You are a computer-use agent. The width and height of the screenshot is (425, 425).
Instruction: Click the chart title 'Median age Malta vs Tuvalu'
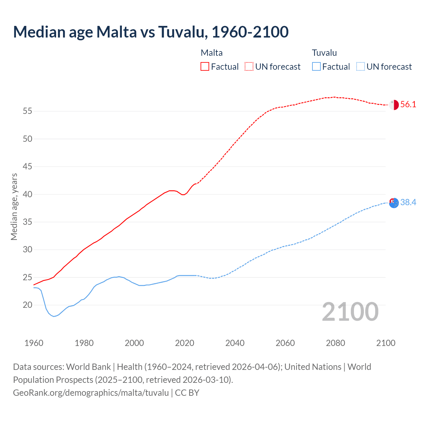151,32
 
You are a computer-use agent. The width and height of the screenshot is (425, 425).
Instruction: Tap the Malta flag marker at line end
394,105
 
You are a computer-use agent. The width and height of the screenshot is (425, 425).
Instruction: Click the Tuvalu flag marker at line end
394,203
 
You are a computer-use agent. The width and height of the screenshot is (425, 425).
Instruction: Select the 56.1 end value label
408,105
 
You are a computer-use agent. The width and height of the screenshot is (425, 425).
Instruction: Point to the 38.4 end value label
408,203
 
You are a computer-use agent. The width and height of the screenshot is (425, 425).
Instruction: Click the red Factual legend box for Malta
205,67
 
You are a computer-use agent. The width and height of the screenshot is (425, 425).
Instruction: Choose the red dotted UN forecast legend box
249,67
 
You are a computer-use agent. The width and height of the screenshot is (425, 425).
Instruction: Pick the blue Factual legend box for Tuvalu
316,67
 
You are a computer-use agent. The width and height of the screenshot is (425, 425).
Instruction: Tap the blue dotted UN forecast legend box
360,67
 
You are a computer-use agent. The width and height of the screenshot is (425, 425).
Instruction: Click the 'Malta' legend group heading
212,53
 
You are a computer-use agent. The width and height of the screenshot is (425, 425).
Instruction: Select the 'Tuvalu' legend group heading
324,53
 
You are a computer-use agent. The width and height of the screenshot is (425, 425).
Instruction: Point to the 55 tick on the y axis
28,111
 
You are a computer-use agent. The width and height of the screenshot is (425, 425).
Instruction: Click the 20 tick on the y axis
28,305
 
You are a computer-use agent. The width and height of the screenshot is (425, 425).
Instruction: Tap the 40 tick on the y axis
28,194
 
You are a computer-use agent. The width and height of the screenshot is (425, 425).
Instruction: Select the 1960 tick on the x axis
34,343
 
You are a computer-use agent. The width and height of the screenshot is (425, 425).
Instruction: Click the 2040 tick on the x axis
235,343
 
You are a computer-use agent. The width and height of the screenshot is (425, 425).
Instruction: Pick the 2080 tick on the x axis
335,343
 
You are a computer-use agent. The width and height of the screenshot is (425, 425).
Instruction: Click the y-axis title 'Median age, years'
14,207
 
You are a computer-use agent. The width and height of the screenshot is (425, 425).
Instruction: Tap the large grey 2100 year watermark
350,312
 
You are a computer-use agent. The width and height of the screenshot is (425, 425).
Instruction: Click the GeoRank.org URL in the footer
91,393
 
